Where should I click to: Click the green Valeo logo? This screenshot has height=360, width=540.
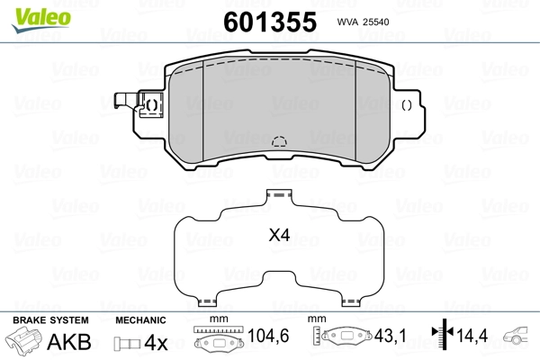pyautogui.click(x=41, y=19)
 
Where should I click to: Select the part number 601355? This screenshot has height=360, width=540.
pyautogui.click(x=270, y=22)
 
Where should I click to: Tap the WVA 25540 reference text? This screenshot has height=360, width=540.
pyautogui.click(x=363, y=22)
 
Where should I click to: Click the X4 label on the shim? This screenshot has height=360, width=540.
pyautogui.click(x=279, y=235)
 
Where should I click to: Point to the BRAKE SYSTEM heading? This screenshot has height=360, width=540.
pyautogui.click(x=50, y=320)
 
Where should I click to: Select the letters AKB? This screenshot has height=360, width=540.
pyautogui.click(x=69, y=342)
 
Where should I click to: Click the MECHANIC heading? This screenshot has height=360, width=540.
pyautogui.click(x=140, y=320)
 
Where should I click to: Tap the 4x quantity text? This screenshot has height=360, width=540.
pyautogui.click(x=156, y=342)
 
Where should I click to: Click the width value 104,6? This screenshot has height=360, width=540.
pyautogui.click(x=268, y=336)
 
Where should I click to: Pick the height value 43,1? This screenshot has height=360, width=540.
pyautogui.click(x=391, y=336)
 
